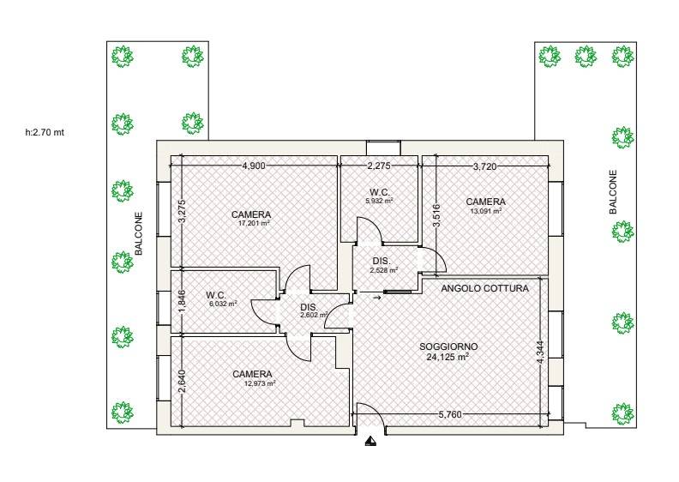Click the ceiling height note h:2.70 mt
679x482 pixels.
(45, 133)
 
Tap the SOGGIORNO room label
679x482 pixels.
(448, 346)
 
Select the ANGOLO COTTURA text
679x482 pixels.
(485, 288)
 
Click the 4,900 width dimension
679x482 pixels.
(254, 166)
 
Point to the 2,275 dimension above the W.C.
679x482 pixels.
(379, 166)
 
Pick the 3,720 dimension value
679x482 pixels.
(485, 166)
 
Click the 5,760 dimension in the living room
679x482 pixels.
(450, 414)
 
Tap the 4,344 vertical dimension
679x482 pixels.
(540, 352)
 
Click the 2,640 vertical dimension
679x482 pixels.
(182, 381)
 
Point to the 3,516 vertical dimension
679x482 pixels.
(436, 215)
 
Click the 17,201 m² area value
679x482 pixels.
(254, 224)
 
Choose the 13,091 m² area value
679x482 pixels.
(486, 211)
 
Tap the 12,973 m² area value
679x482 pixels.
(260, 383)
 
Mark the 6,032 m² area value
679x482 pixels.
(223, 304)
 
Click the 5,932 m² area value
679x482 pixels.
(379, 201)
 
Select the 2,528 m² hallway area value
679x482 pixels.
(384, 270)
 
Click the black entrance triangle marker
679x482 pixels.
(370, 442)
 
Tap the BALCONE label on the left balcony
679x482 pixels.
(139, 233)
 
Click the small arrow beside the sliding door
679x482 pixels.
(376, 298)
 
